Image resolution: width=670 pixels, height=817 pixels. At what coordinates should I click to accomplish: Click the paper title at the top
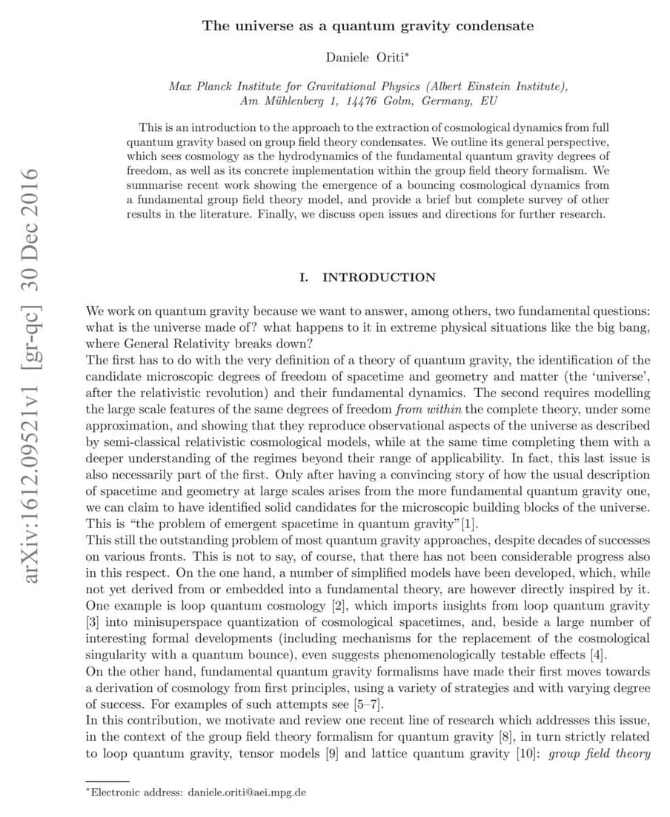coord(368,26)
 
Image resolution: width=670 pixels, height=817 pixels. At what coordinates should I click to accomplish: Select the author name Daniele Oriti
coord(364,58)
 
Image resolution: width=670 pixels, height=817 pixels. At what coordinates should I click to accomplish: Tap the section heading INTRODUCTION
coord(379,277)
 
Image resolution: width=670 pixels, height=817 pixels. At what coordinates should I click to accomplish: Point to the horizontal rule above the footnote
coord(107,780)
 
